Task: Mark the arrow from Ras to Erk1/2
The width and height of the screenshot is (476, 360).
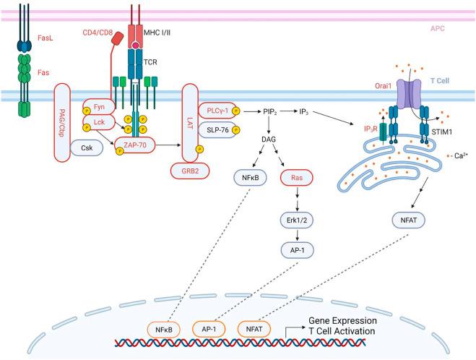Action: coord(295,197)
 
